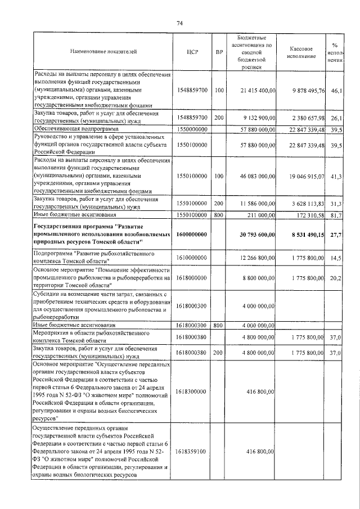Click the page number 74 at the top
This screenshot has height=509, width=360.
pos(180,23)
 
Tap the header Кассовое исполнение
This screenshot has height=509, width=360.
pos(305,53)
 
